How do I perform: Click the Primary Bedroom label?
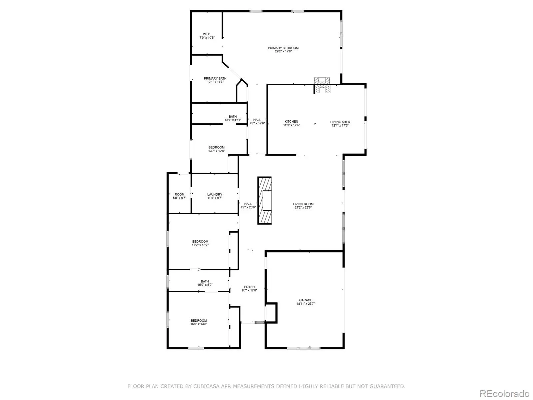tap(283, 50)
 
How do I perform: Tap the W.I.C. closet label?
tap(207, 36)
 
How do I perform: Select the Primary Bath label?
tap(215, 80)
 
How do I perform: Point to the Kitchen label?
tap(291, 123)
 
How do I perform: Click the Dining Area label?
tap(340, 124)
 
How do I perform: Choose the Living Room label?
tap(303, 206)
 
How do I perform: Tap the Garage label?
tap(306, 302)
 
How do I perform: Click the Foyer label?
tap(250, 289)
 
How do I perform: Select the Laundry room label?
tap(215, 196)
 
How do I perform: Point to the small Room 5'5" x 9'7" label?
tap(180, 196)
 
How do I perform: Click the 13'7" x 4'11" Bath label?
tap(233, 118)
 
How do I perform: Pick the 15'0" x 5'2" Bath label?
tap(205, 283)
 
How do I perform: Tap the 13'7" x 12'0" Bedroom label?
tap(217, 149)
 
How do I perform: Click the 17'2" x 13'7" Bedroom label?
tap(200, 243)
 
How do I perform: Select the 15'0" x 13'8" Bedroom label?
tap(199, 322)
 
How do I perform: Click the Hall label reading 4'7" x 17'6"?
tap(257, 121)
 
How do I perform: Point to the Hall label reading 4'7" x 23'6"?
tap(248, 205)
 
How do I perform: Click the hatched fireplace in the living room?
tap(265, 201)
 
